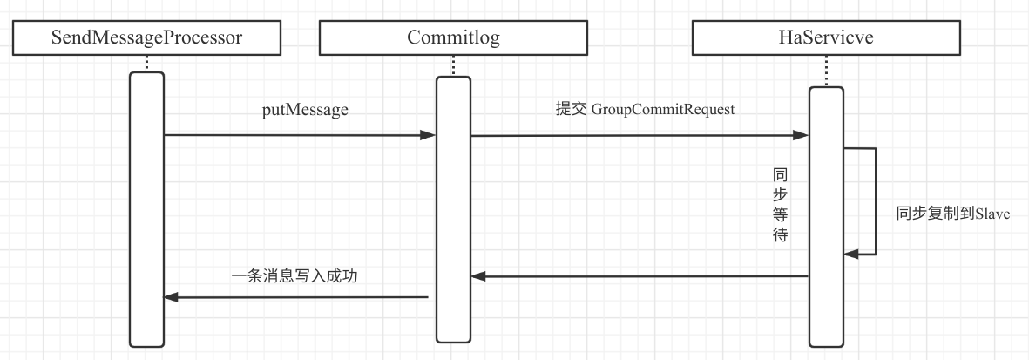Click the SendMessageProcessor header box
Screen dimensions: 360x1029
146,37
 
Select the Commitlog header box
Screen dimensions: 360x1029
453,37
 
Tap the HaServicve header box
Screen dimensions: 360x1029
826,37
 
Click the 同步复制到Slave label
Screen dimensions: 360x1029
952,214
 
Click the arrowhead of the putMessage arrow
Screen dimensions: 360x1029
429,135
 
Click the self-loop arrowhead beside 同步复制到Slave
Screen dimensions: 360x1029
850,254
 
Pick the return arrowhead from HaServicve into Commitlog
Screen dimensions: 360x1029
478,276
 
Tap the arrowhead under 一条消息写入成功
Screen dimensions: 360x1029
172,298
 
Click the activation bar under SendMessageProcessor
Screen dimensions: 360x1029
146,209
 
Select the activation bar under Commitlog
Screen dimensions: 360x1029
453,209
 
